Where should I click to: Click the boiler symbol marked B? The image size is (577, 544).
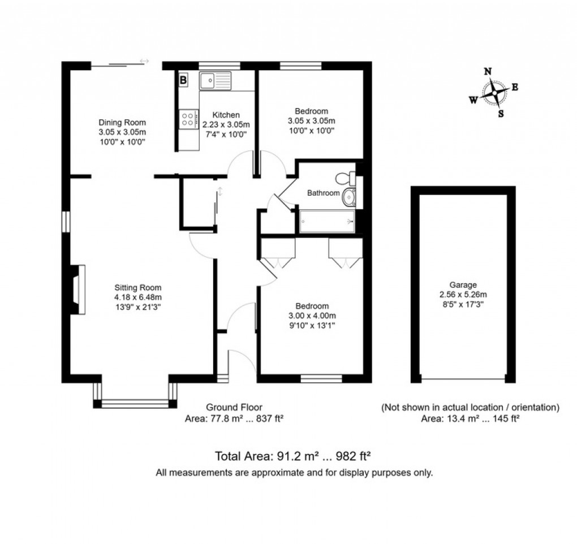point(183,80)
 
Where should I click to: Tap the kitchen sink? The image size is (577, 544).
point(216,80)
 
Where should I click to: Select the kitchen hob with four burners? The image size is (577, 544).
point(187,118)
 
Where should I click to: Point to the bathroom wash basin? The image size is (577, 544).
point(350,197)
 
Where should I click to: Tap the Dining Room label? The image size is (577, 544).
point(122,122)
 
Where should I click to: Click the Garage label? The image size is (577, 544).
point(463,285)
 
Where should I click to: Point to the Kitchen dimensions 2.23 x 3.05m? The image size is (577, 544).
point(226,124)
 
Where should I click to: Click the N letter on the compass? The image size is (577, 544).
point(488,71)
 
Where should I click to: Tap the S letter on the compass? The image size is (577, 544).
point(500,113)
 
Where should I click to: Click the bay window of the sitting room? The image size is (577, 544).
point(135,403)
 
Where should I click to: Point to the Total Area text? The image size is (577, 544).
point(292,456)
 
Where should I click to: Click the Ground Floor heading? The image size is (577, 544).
point(234,407)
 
